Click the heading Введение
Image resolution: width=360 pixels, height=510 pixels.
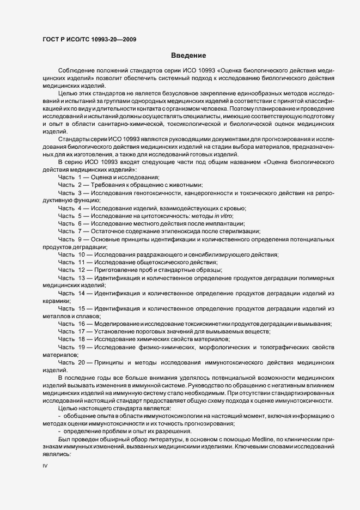tap(188, 56)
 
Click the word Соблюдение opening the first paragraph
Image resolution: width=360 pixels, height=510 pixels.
tap(77, 71)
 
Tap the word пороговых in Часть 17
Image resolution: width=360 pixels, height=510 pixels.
tap(149, 331)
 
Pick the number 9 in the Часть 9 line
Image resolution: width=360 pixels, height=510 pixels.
tap(80, 239)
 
